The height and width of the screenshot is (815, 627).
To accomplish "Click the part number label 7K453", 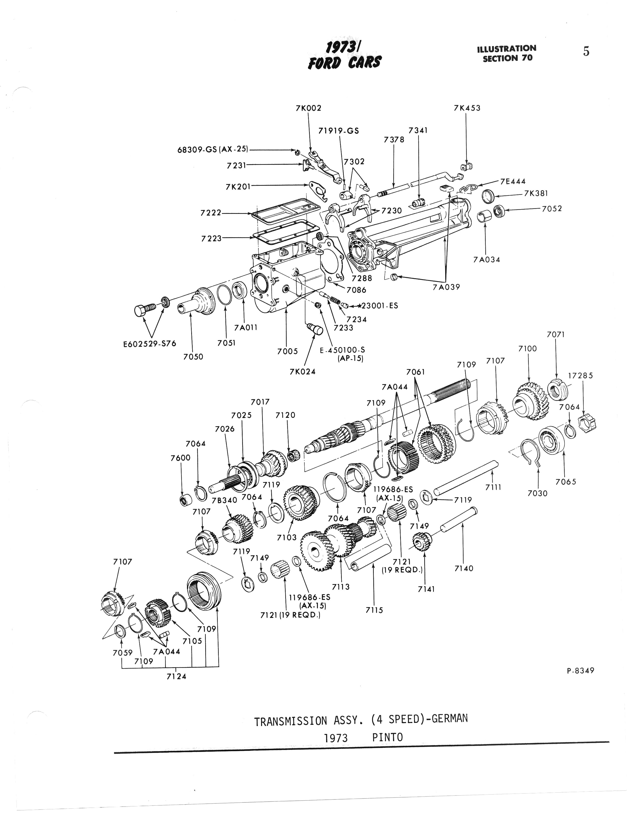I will [x=467, y=108].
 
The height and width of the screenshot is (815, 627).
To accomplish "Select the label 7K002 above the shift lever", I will [x=308, y=108].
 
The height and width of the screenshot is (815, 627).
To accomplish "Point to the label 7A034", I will [x=486, y=260].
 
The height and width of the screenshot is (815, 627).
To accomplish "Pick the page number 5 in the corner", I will [x=586, y=51].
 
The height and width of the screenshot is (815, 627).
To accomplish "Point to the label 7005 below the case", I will [x=287, y=351].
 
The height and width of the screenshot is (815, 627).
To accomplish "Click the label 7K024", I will [x=302, y=372].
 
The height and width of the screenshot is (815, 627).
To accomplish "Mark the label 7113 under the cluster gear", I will [x=341, y=587].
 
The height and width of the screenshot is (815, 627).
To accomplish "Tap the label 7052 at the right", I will [x=552, y=209].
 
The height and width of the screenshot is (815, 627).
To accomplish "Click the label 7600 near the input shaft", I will [x=180, y=458].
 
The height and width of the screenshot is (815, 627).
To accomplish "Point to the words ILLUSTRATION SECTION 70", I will [x=507, y=53].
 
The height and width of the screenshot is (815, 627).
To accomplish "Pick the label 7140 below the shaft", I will [x=464, y=568].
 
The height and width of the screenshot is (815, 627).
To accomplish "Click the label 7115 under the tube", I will [x=374, y=610].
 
